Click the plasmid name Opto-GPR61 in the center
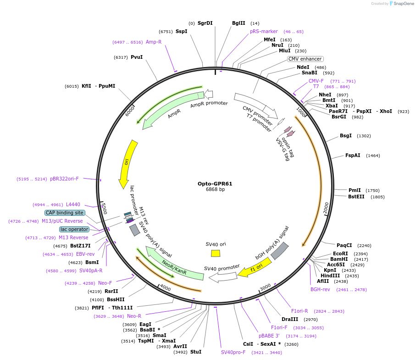pos(215,184)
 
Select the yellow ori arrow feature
pos(124,163)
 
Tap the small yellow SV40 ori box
pos(216,253)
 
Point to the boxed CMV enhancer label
pos(305,59)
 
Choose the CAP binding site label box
pos(65,213)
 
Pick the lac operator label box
pos(74,229)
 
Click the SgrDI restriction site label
pos(205,23)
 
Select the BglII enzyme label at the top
pos(239,23)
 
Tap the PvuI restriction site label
pos(137,57)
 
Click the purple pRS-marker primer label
pos(264,31)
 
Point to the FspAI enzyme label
pos(353,155)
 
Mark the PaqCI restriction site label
pos(344,245)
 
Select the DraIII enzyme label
pos(290,319)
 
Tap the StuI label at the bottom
pos(196,352)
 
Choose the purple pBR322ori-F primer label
pos(64,179)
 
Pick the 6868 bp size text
pos(215,190)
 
